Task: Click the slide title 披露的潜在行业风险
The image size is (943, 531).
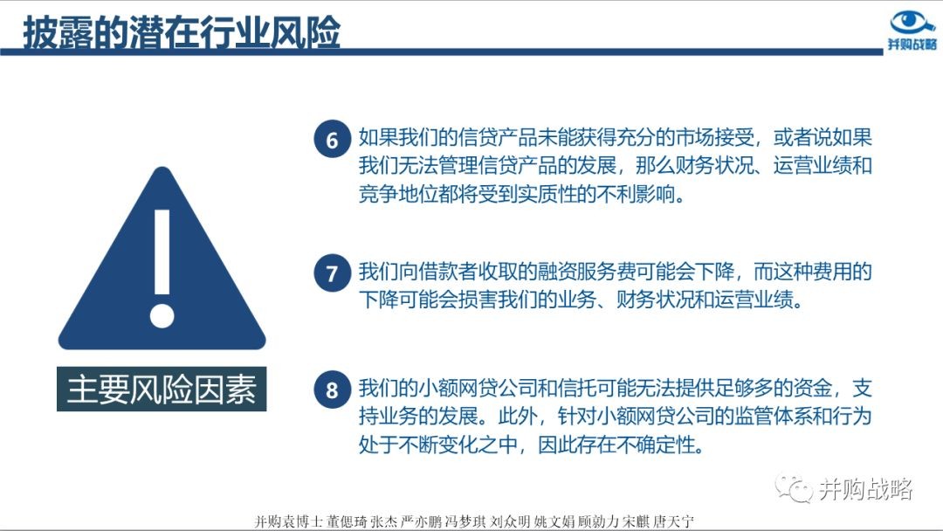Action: tap(182, 31)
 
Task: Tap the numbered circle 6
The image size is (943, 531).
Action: tap(332, 140)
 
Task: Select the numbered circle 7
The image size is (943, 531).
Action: tap(332, 273)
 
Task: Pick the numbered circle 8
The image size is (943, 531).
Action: tap(332, 390)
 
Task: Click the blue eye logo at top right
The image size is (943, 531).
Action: tap(912, 22)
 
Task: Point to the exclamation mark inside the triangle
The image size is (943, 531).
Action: tap(162, 268)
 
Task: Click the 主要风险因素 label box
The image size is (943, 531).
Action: tap(162, 389)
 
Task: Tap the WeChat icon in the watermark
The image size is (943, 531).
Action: tap(794, 487)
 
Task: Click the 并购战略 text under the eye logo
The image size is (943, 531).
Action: tap(912, 44)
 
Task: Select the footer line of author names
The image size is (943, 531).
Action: tap(474, 521)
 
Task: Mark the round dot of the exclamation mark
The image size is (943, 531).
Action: tap(162, 315)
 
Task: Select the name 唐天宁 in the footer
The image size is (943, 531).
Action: tap(673, 521)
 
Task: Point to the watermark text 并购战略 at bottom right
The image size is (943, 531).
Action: tap(865, 489)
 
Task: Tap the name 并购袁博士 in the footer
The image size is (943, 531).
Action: tap(289, 521)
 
